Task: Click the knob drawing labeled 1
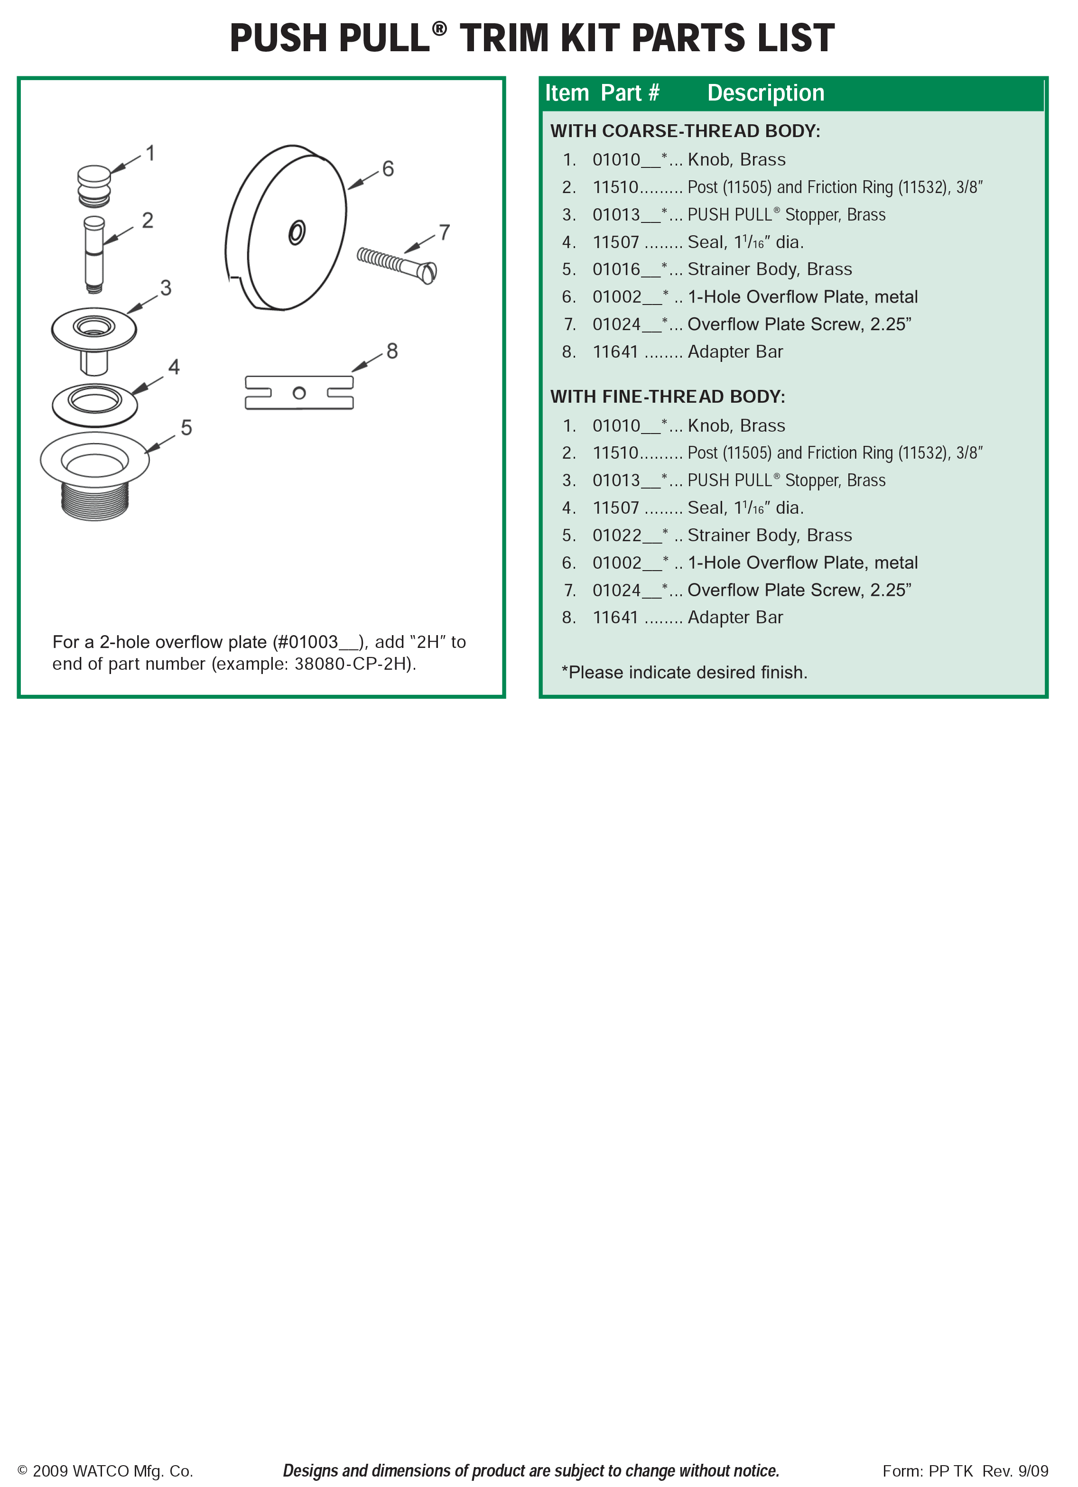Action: [x=94, y=185]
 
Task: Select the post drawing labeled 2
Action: [x=94, y=254]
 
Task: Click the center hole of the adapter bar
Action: [x=299, y=393]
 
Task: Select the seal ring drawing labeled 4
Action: [x=95, y=405]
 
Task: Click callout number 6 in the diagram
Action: [x=388, y=169]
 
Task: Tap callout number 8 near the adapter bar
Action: [x=392, y=351]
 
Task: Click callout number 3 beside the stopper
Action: [x=166, y=288]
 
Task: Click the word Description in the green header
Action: [x=765, y=93]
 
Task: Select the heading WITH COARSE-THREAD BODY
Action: [x=685, y=131]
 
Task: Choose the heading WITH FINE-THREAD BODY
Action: [x=668, y=397]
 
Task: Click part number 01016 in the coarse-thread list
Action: [x=616, y=269]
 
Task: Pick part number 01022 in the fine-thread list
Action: [x=616, y=536]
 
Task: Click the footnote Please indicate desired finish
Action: [x=685, y=673]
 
